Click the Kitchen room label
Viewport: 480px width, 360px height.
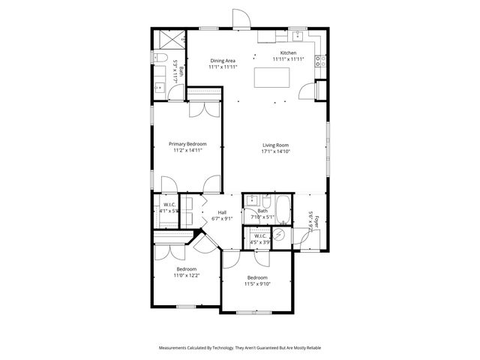click(x=289, y=53)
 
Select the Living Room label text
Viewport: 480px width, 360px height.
click(x=275, y=145)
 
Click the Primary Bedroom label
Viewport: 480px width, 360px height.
click(x=187, y=143)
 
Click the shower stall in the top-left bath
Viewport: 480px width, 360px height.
click(x=170, y=40)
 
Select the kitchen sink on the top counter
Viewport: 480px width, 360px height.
click(x=295, y=35)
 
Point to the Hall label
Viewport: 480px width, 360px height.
click(x=222, y=212)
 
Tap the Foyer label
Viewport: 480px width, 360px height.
click(x=316, y=222)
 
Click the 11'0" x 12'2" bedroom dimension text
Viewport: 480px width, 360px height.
click(x=187, y=275)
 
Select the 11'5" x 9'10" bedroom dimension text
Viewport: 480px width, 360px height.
click(x=258, y=283)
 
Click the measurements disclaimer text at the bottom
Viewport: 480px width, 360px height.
click(x=240, y=348)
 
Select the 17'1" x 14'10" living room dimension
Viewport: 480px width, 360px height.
click(x=275, y=151)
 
